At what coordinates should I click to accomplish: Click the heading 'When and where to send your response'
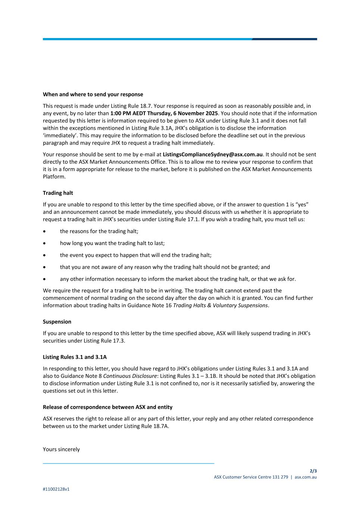coord(93,94)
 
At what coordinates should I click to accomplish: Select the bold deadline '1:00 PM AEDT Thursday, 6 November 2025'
coord(164,113)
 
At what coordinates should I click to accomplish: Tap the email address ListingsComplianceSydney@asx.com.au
coord(213,154)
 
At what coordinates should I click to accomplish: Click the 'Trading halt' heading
coord(58,193)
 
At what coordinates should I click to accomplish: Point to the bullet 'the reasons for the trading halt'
coord(99,231)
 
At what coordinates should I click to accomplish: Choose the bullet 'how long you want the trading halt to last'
coord(112,243)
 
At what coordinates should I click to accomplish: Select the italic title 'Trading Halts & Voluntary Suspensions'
coord(220,305)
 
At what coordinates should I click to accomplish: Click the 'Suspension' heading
coord(57,321)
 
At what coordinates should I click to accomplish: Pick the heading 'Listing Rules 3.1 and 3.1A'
coord(75,357)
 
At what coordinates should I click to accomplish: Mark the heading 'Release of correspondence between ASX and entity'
coord(107,407)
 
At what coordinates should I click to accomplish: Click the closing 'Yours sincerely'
coord(61,449)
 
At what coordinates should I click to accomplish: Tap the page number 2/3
coord(313,471)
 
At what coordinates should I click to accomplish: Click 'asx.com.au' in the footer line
coord(306,477)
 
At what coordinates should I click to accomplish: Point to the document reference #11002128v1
coord(56,489)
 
